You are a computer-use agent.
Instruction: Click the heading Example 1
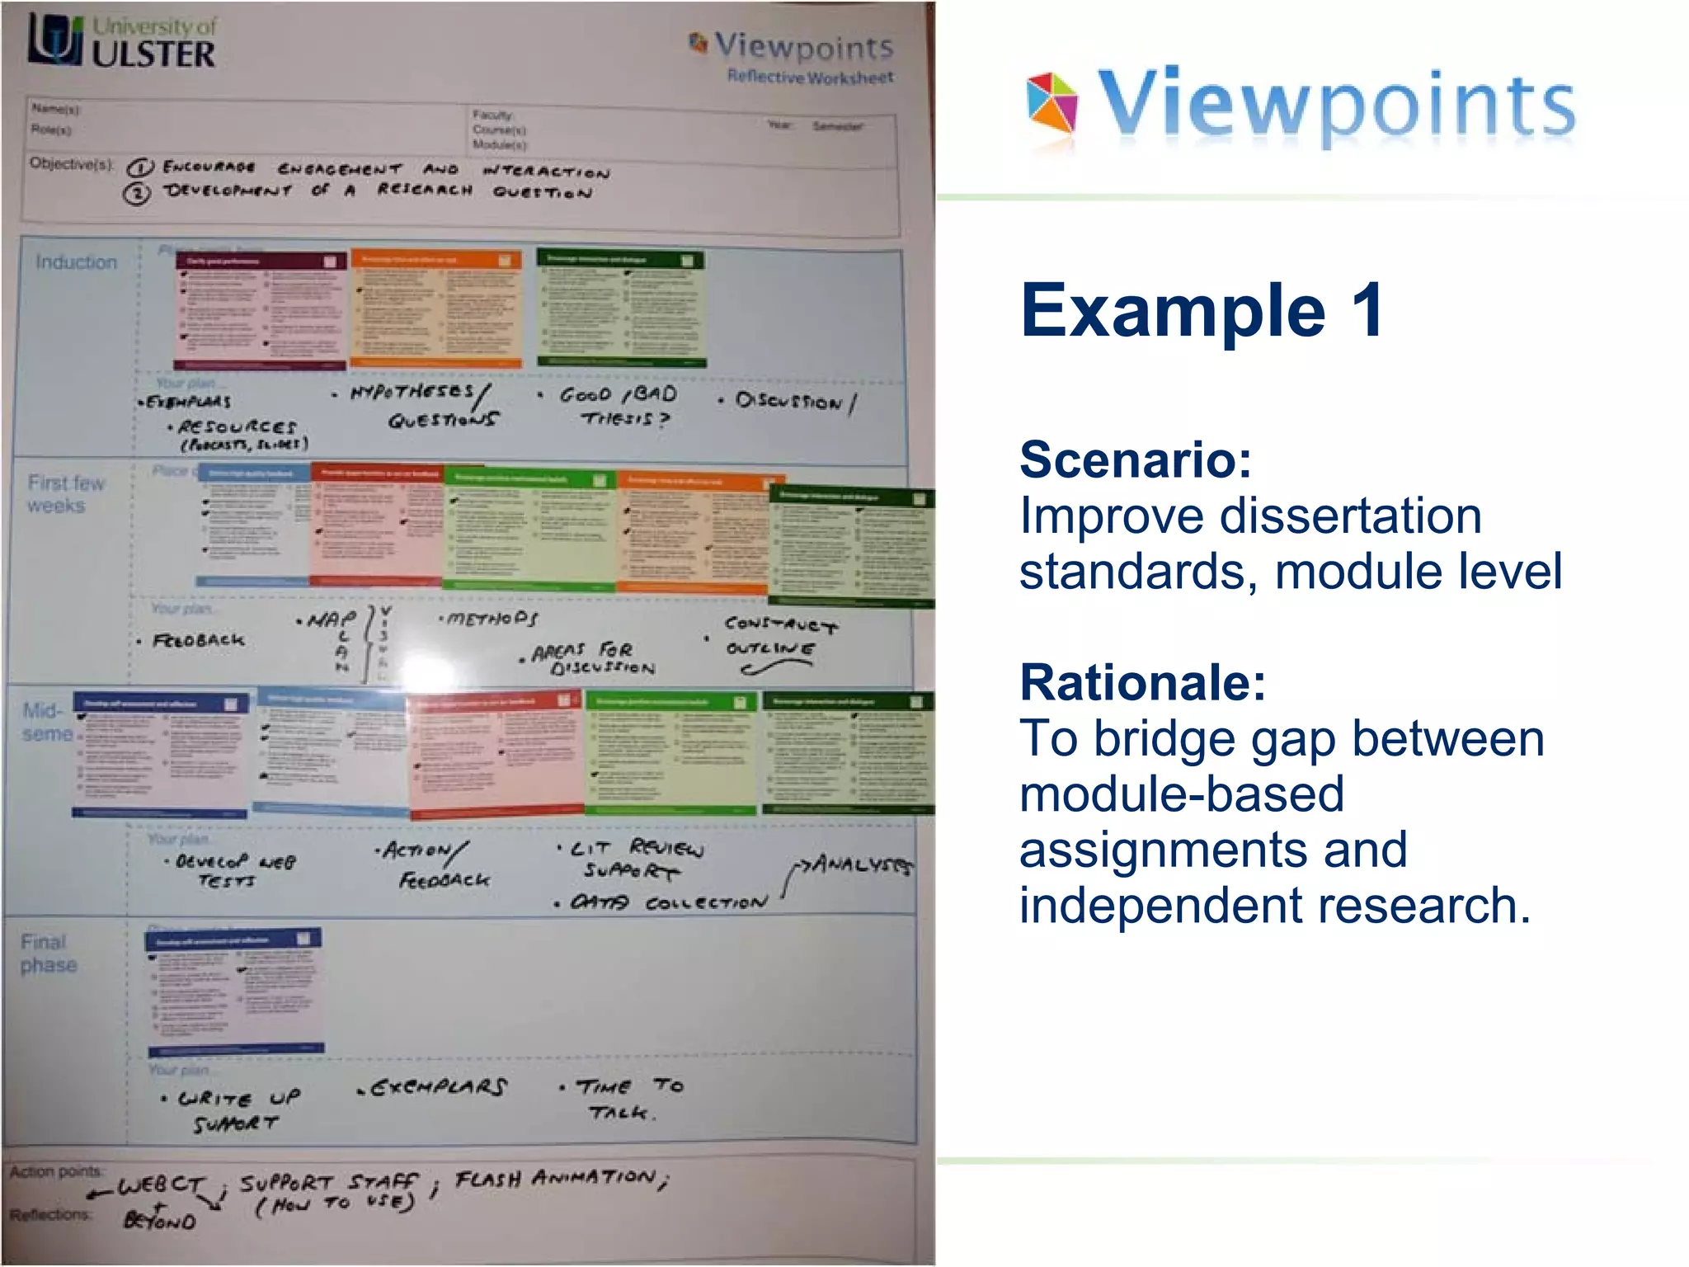click(x=1202, y=311)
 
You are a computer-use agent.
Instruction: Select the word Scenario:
click(x=1136, y=459)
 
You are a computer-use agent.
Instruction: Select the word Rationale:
click(x=1142, y=683)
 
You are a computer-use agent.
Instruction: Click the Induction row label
click(x=76, y=262)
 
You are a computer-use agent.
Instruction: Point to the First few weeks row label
click(x=66, y=494)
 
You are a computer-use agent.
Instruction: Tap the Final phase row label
click(x=48, y=954)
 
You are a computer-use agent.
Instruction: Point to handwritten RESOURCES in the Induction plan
click(x=237, y=427)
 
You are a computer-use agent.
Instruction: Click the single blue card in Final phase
click(x=234, y=991)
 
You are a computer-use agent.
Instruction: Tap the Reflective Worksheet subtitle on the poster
click(x=809, y=78)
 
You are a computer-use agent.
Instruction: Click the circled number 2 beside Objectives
click(x=137, y=194)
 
